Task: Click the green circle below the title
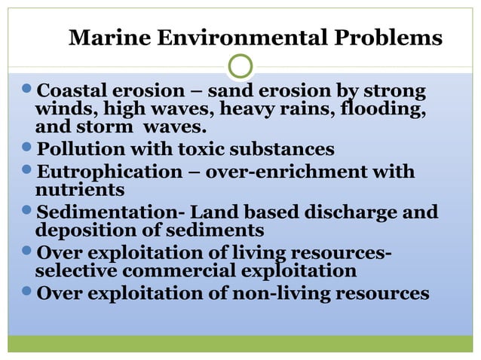[x=240, y=66]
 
